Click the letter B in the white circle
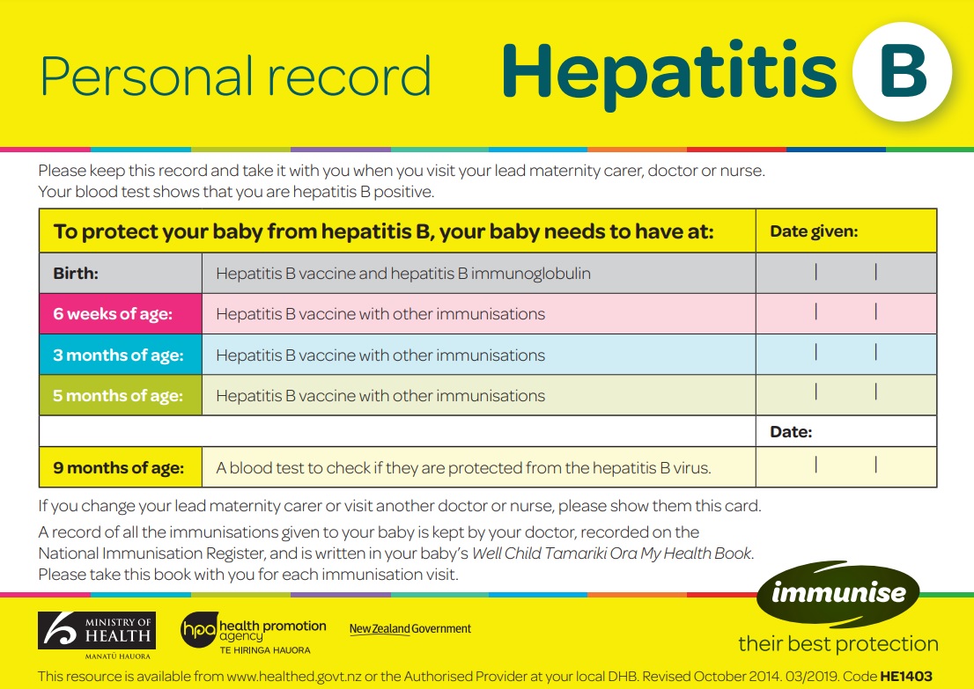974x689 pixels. pyautogui.click(x=903, y=71)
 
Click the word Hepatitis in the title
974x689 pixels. pyautogui.click(x=669, y=72)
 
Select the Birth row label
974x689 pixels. pyautogui.click(x=77, y=274)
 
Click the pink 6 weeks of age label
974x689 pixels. pyautogui.click(x=113, y=314)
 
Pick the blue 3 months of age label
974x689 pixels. pyautogui.click(x=118, y=355)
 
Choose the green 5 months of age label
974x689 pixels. pyautogui.click(x=118, y=396)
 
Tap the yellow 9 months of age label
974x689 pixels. pyautogui.click(x=119, y=468)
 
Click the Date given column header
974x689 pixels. pyautogui.click(x=814, y=232)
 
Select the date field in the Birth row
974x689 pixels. pyautogui.click(x=845, y=273)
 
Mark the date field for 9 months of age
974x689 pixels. pyautogui.click(x=845, y=466)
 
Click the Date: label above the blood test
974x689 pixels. pyautogui.click(x=791, y=432)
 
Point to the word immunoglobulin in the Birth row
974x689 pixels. pyautogui.click(x=531, y=274)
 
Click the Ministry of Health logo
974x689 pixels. pyautogui.click(x=97, y=634)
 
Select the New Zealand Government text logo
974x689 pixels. pyautogui.click(x=410, y=628)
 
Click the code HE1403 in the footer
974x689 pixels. pyautogui.click(x=909, y=675)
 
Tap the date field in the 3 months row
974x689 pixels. pyautogui.click(x=845, y=354)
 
